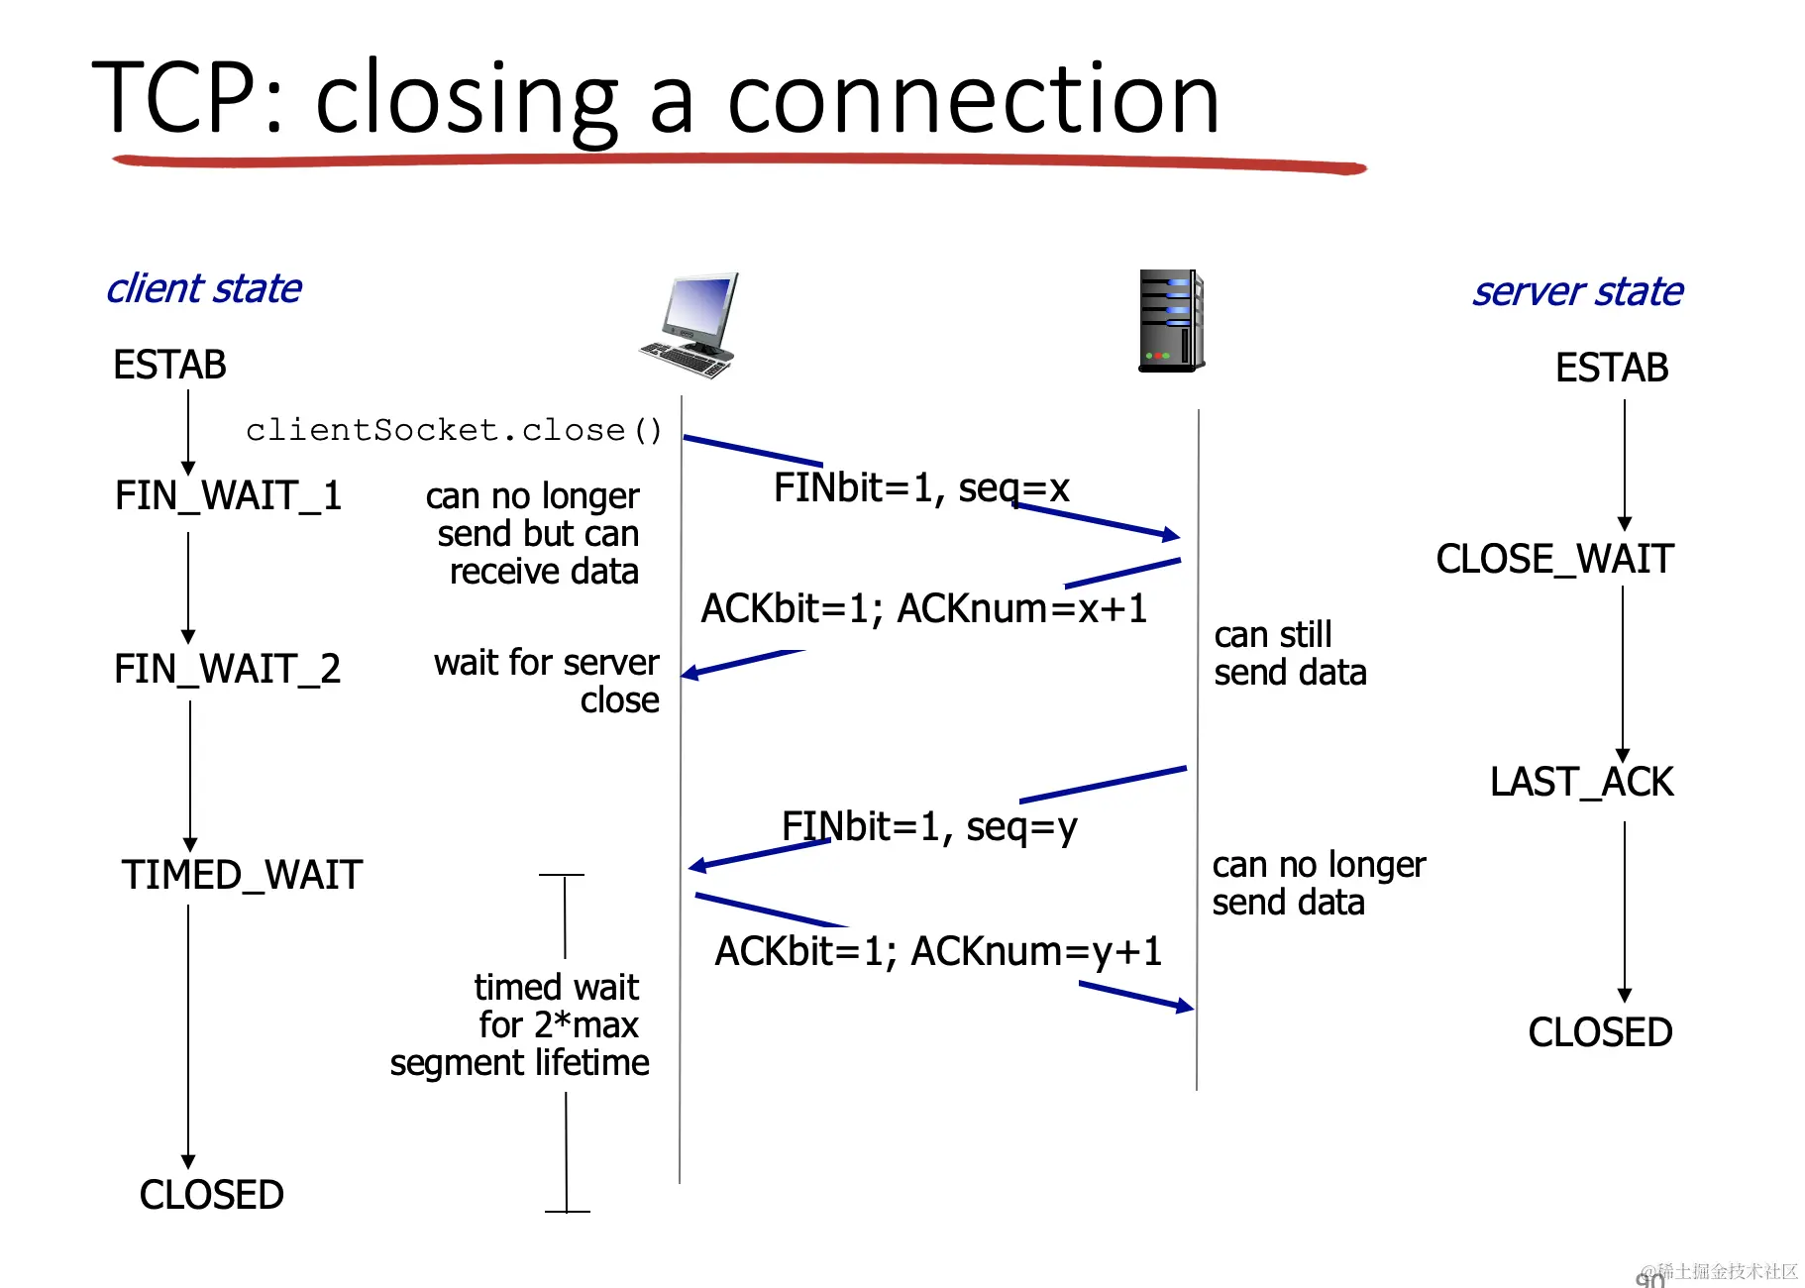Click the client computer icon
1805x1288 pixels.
[690, 325]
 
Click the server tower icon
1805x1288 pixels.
[1171, 320]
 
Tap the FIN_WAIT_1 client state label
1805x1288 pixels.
[228, 495]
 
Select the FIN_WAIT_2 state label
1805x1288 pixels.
[227, 669]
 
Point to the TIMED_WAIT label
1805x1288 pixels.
[242, 875]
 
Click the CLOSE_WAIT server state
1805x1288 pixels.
[1554, 559]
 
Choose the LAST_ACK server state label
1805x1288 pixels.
[1581, 782]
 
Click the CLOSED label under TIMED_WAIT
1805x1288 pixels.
[211, 1195]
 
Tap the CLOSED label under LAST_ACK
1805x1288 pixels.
[1600, 1032]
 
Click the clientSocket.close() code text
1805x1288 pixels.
[454, 430]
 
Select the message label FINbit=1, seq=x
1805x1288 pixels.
[921, 487]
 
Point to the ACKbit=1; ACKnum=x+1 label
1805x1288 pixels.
[923, 608]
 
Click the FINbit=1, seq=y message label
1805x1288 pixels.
[929, 826]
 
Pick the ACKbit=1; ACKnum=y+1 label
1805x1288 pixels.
[938, 951]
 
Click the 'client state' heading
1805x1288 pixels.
[204, 288]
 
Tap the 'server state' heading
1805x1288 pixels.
[1577, 291]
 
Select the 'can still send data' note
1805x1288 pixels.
[1290, 653]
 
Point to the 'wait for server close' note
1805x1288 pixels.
[546, 681]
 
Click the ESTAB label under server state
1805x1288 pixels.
[1612, 368]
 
